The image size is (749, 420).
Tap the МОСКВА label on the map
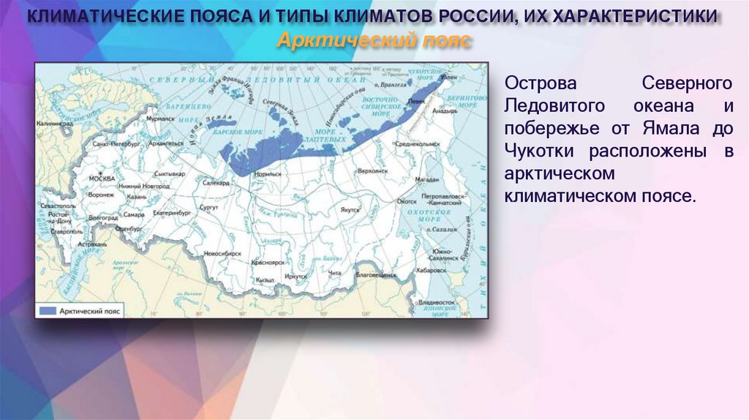[x=101, y=179]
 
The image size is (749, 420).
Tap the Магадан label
[x=426, y=179]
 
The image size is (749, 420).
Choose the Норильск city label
[x=267, y=175]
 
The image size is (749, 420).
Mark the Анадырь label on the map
[x=445, y=112]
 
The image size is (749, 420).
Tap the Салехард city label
[x=216, y=181]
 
